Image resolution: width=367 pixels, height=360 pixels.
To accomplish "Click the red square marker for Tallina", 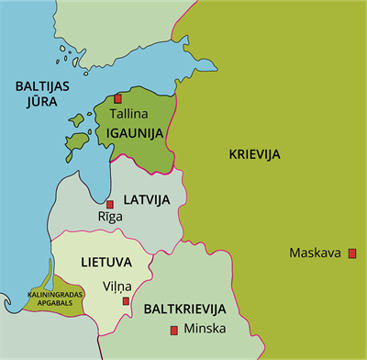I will click(117, 98).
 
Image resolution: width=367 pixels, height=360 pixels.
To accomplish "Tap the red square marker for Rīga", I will click(110, 204).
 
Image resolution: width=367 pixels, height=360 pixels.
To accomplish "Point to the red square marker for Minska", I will click(173, 330).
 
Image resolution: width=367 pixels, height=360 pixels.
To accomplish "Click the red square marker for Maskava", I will click(351, 253).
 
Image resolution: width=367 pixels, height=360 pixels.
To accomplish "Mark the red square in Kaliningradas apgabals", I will click(47, 287).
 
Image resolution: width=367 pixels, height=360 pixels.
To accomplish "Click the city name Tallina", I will click(128, 116).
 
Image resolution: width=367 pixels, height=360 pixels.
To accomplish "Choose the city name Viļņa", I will click(117, 286).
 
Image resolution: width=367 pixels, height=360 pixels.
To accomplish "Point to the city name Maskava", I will click(315, 253).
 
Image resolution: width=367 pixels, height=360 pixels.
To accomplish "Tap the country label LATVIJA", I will click(149, 199).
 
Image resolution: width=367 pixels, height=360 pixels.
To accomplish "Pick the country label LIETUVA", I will click(106, 262).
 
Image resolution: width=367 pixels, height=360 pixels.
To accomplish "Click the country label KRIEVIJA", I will click(254, 153).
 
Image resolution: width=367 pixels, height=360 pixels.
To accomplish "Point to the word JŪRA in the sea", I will click(33, 103).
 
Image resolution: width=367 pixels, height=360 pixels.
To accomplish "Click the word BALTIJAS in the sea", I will click(42, 85).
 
